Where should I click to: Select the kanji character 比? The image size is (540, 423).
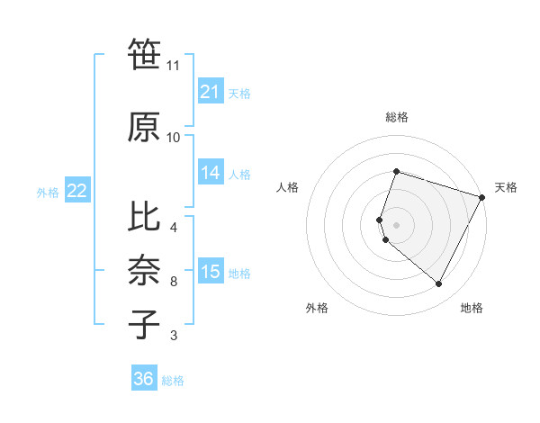pos(145,216)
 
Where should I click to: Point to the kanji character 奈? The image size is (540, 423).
pos(145,270)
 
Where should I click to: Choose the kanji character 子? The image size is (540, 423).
pos(145,324)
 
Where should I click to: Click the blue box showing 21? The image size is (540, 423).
pos(211,92)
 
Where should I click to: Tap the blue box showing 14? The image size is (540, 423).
pos(211,173)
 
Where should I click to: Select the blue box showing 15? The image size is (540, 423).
pos(211,272)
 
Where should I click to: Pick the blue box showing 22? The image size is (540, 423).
pos(77,191)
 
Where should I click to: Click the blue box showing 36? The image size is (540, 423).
pos(144,379)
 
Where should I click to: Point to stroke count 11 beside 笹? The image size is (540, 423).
pos(173,66)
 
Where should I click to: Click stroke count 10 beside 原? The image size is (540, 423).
pos(173,138)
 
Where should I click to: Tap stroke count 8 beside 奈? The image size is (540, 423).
pos(173,282)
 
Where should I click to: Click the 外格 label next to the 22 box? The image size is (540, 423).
pos(48,192)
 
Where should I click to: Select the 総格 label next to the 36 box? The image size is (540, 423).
pos(173,381)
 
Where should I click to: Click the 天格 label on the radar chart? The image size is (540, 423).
pos(506,187)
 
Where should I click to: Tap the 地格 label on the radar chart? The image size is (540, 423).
pos(472,309)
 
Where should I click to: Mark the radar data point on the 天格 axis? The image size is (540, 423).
pos(482,197)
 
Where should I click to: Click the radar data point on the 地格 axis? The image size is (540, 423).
pos(438,284)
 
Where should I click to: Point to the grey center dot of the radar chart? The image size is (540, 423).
pos(396,224)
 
